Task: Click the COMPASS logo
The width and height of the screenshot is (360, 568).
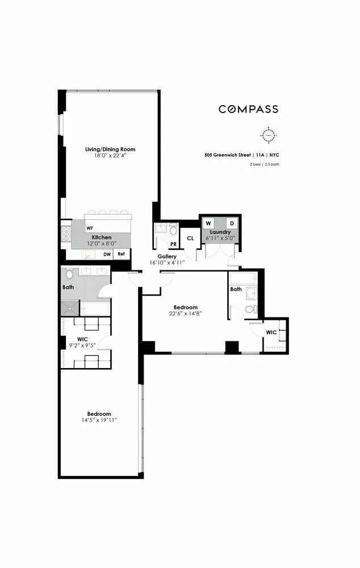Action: click(x=248, y=109)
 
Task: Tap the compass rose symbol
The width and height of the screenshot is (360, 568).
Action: click(x=268, y=136)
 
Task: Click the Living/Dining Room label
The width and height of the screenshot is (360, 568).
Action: click(x=110, y=149)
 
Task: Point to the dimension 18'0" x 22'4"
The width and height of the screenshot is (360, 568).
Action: click(x=110, y=156)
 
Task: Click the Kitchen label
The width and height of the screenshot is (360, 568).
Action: click(x=102, y=237)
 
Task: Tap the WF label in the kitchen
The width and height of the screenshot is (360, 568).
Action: click(x=90, y=228)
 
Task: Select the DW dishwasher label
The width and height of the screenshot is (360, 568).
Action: click(x=106, y=254)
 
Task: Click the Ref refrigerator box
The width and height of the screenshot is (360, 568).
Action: click(x=121, y=254)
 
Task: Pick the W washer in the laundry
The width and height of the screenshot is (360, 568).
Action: click(x=208, y=223)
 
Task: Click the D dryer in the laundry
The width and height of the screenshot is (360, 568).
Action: click(x=231, y=223)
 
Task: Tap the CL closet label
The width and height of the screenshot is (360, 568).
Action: click(x=190, y=238)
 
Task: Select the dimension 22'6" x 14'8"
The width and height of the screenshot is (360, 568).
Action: click(x=185, y=313)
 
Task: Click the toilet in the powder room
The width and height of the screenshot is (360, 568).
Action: click(x=173, y=231)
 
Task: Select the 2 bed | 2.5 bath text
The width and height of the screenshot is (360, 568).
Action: click(x=264, y=164)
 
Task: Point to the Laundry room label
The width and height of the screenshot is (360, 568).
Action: click(x=220, y=232)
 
